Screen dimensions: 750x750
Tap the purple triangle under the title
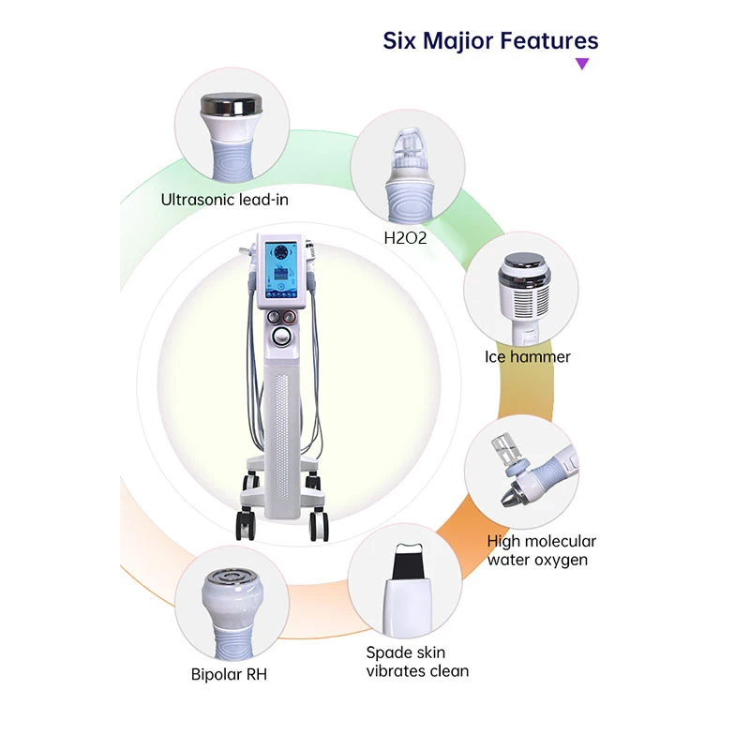582,64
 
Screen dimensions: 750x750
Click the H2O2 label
405,238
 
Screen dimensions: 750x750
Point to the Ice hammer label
527,356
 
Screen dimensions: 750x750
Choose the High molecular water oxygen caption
541,550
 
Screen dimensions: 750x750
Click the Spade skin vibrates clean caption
417,661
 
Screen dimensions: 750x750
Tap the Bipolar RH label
229,672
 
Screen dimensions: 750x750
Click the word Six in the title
399,40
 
